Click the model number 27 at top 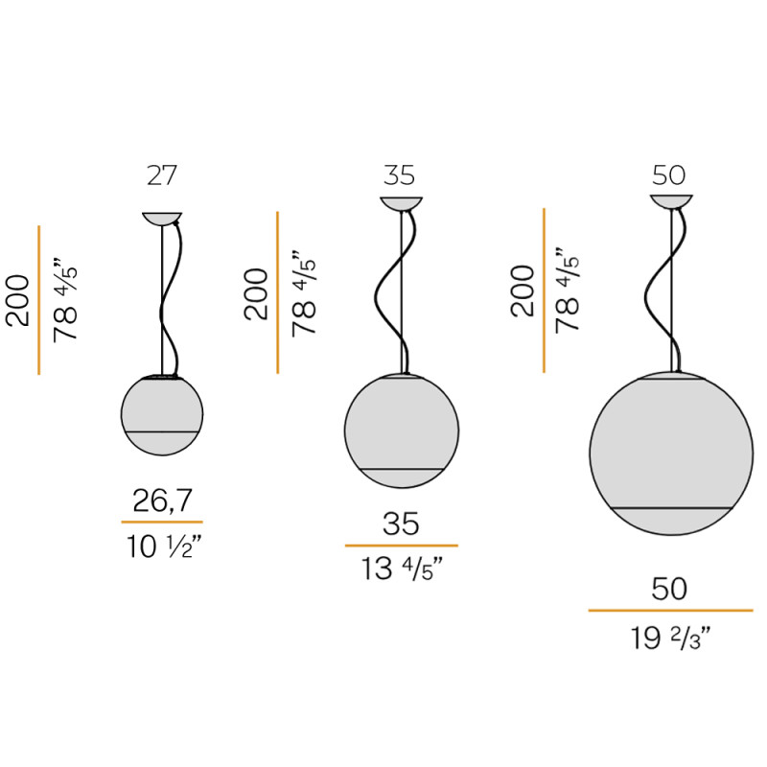click(x=162, y=175)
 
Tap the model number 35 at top click(x=401, y=175)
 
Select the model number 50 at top click(x=670, y=175)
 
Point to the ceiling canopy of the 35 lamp click(x=401, y=202)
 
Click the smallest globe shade click(x=162, y=414)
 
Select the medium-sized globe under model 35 click(x=401, y=429)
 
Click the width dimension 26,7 click(x=162, y=500)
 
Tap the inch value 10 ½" click(x=162, y=546)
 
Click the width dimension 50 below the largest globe click(x=670, y=589)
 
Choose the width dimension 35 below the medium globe click(x=401, y=523)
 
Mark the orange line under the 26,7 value click(x=162, y=522)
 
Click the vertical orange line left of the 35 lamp click(x=277, y=292)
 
